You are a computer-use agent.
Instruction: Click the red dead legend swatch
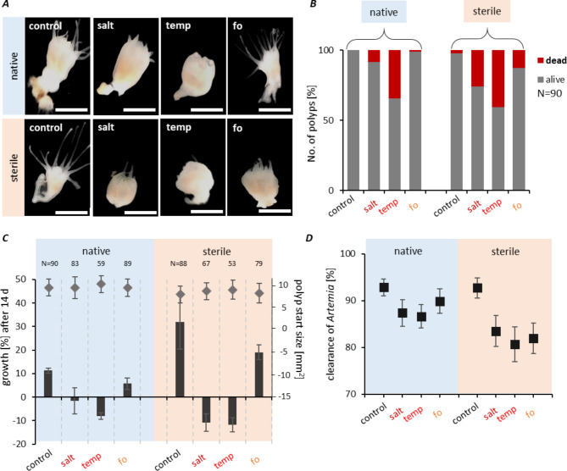[x=540, y=60]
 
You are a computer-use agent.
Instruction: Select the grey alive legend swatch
[x=540, y=80]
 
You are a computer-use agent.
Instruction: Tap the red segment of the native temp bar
[x=394, y=74]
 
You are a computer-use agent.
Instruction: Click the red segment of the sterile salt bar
[x=477, y=69]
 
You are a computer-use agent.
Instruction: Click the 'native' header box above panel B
[x=384, y=12]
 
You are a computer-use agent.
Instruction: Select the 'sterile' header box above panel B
[x=486, y=11]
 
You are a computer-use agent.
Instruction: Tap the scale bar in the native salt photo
[x=139, y=110]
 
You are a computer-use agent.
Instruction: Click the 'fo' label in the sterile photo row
[x=237, y=128]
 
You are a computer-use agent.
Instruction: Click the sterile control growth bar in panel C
[x=180, y=359]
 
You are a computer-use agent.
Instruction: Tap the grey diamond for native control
[x=49, y=288]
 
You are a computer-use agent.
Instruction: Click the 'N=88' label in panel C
[x=179, y=263]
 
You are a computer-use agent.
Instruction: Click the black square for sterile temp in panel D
[x=514, y=345]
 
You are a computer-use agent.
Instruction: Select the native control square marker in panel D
[x=384, y=287]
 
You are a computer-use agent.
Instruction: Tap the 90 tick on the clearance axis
[x=350, y=301]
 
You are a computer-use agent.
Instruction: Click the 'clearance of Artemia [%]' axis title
[x=331, y=324]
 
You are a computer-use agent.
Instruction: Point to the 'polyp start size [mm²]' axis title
[x=299, y=330]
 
